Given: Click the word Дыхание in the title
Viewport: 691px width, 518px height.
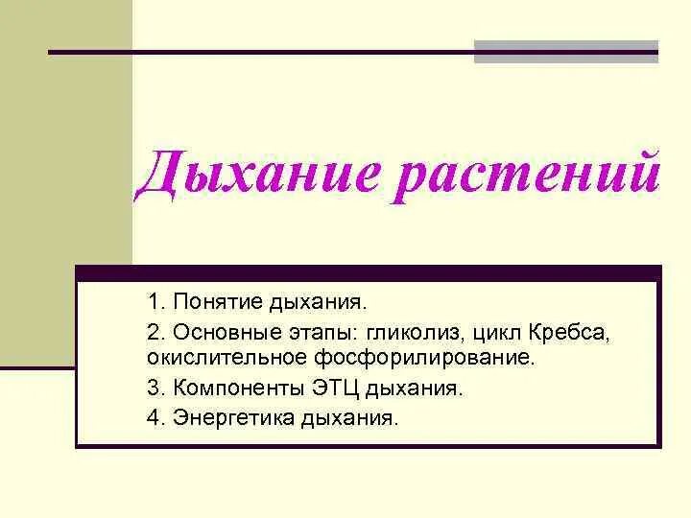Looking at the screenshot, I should click(x=244, y=177).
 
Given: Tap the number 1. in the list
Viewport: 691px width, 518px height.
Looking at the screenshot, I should click(x=155, y=302).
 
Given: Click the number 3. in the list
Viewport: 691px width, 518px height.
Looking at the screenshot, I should click(x=156, y=388).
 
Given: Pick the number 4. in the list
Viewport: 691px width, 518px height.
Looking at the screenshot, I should click(x=156, y=419).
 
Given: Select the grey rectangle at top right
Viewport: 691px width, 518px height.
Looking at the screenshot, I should click(x=566, y=51).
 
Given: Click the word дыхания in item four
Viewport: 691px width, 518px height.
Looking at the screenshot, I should click(x=348, y=419).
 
